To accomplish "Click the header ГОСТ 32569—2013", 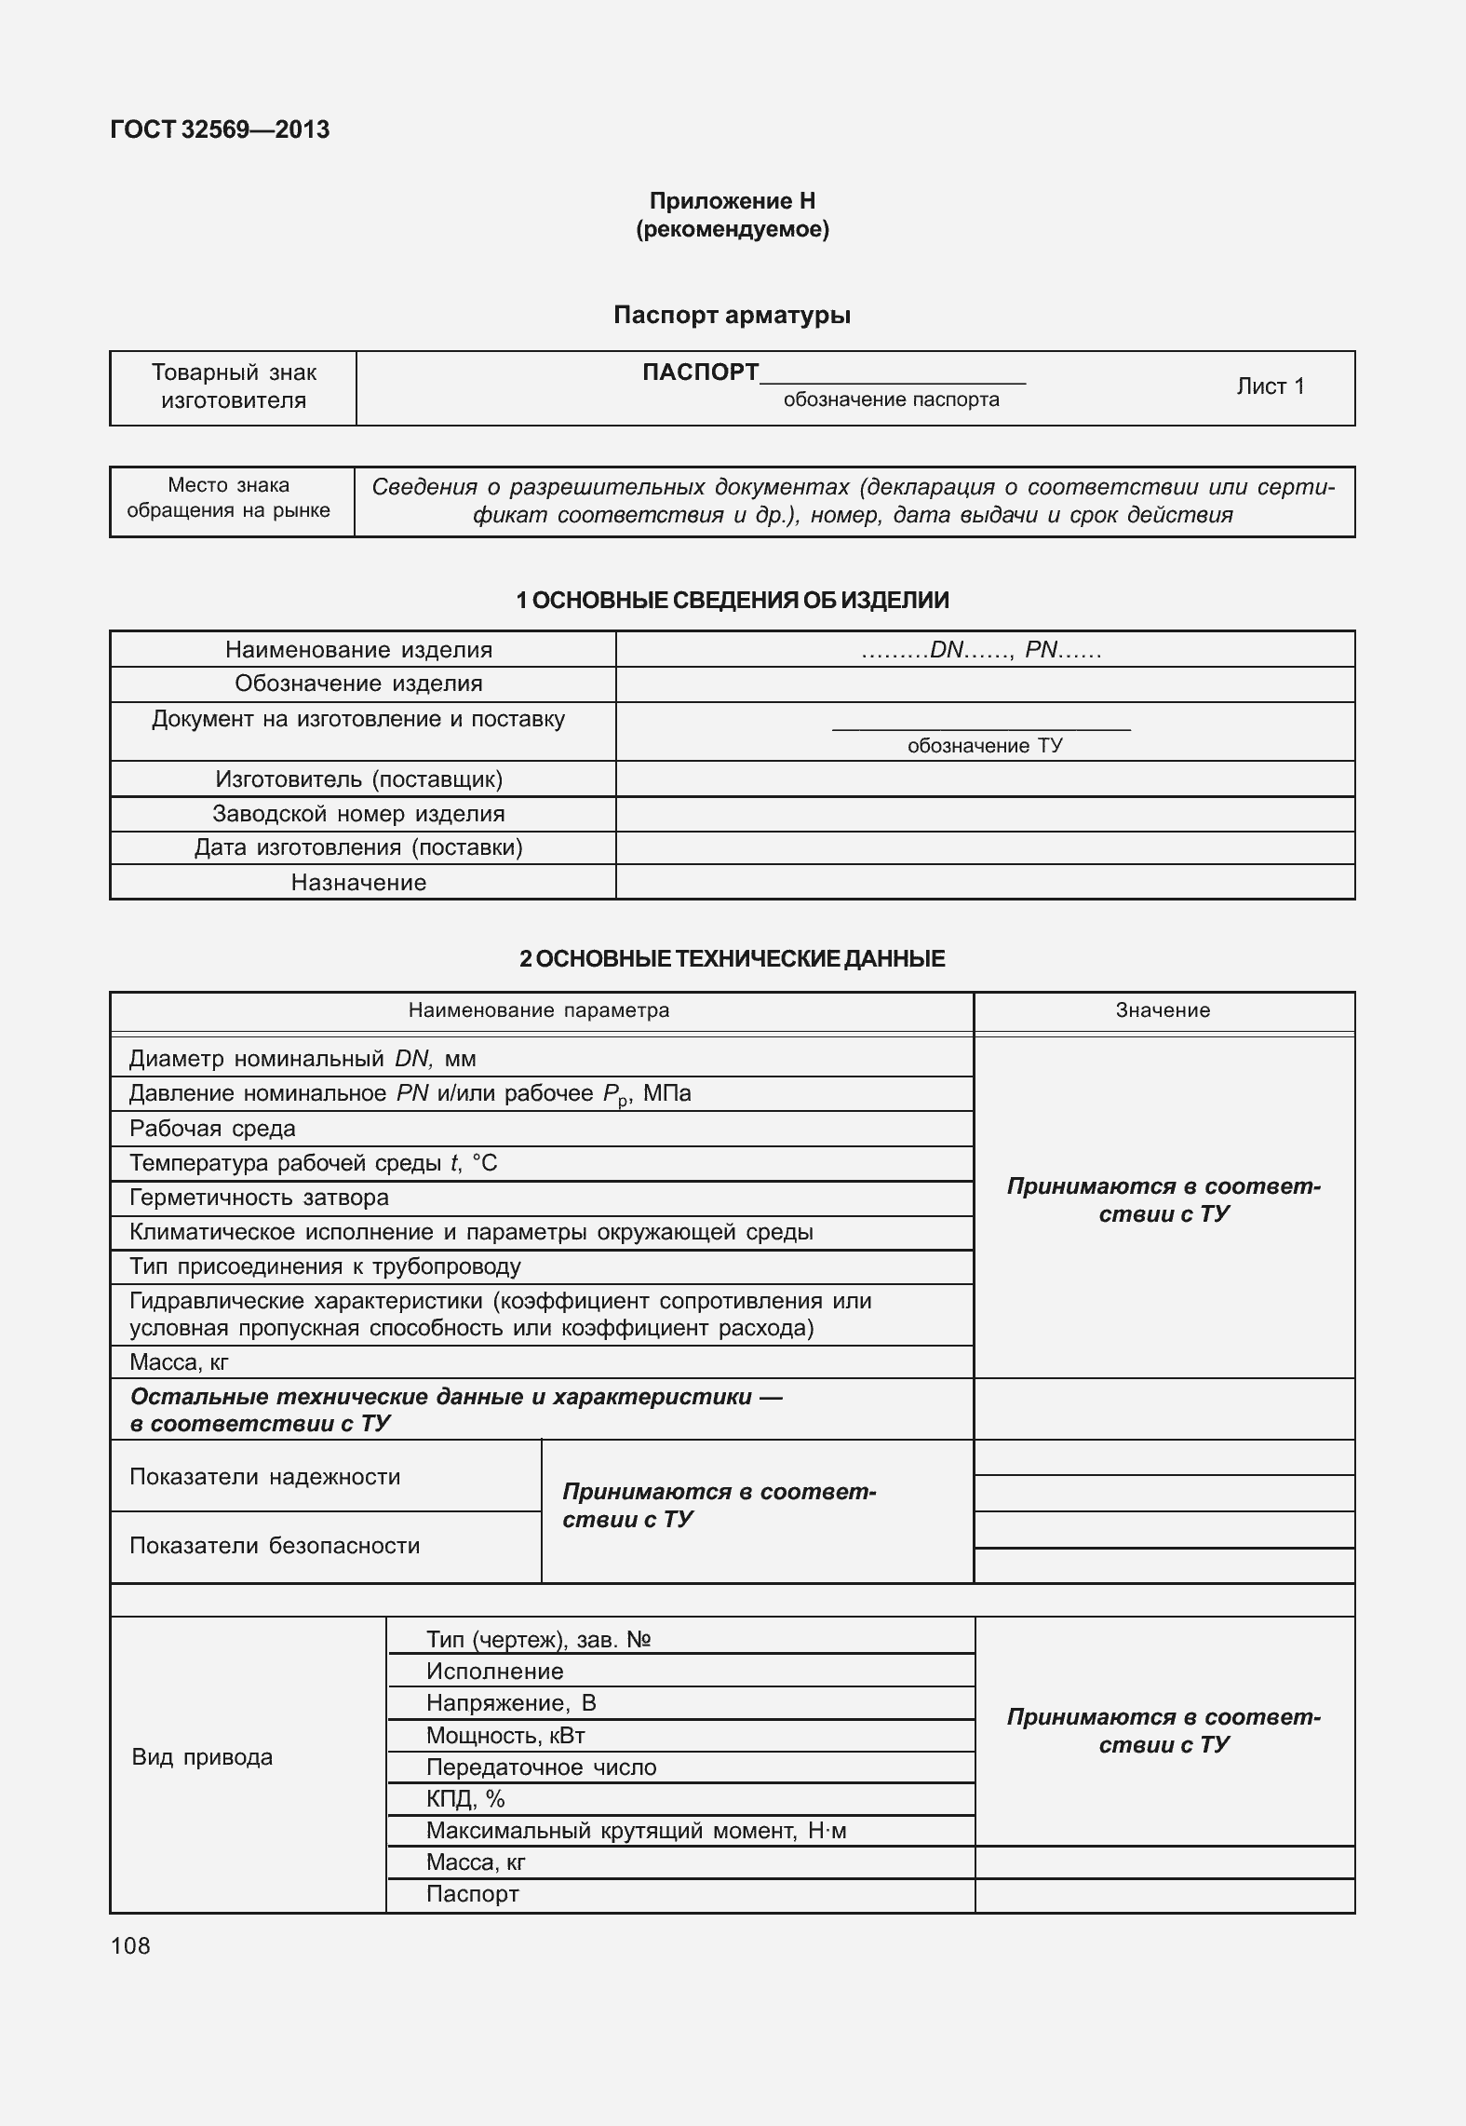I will [x=220, y=129].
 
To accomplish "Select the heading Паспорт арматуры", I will [x=732, y=315].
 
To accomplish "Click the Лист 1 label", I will [x=1270, y=386].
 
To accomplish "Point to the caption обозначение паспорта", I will [x=891, y=399].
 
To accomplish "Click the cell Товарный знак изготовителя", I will [x=234, y=386].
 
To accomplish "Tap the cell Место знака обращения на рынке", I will [x=229, y=498].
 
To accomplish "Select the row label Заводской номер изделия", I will [x=358, y=814].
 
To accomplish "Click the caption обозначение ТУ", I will [x=984, y=746].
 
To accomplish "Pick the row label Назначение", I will [x=358, y=883].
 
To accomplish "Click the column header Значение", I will [x=1163, y=1010].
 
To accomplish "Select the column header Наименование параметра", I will [x=539, y=1010].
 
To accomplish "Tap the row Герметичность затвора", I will [x=259, y=1198].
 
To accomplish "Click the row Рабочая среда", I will [x=212, y=1129].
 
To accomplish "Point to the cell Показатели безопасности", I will [x=275, y=1546].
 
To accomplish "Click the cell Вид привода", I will [x=202, y=1757].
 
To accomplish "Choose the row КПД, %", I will [x=465, y=1799].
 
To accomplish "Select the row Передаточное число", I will [x=541, y=1767].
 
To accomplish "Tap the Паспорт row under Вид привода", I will [x=472, y=1894].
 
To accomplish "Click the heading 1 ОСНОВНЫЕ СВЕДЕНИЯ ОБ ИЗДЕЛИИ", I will [x=732, y=601].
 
